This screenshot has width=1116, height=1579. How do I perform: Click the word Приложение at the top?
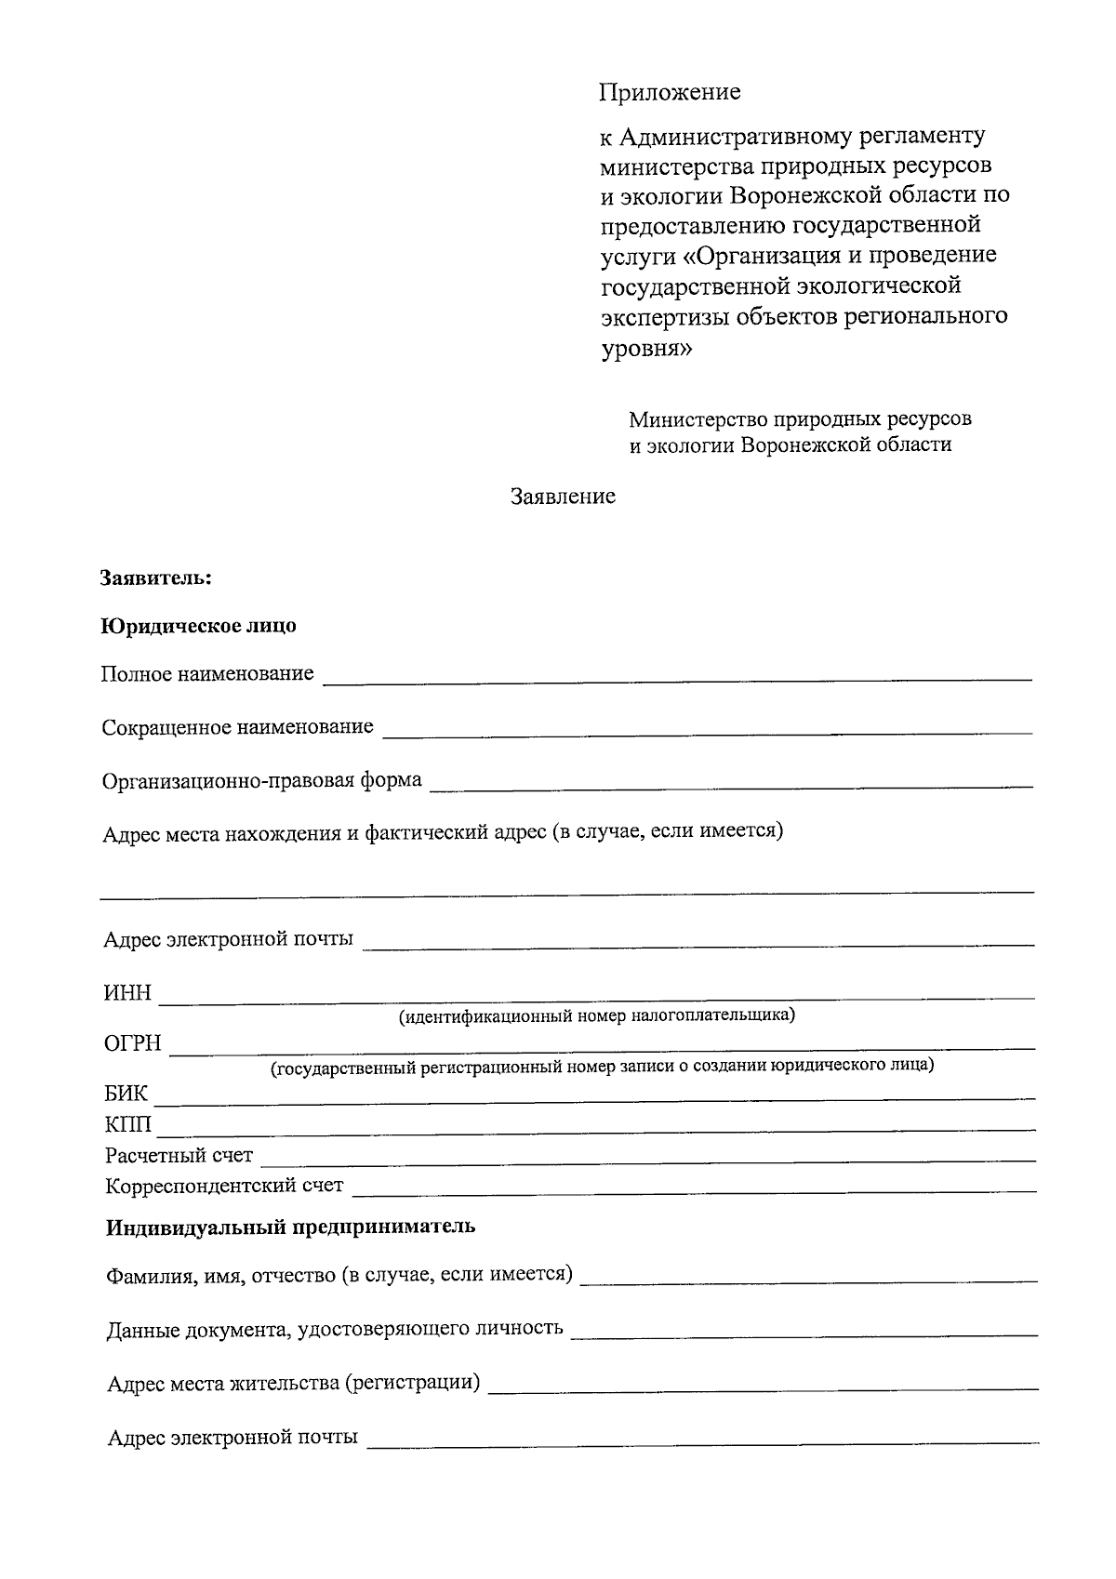(x=670, y=92)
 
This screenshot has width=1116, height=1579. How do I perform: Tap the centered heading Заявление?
(x=563, y=497)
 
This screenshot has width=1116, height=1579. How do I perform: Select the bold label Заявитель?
(x=157, y=578)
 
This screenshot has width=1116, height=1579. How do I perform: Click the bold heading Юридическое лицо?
(x=199, y=626)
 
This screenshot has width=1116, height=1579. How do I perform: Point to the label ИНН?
(x=127, y=993)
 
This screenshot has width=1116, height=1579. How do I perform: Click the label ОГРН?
(x=133, y=1044)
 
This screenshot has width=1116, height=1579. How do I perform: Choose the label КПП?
(x=128, y=1125)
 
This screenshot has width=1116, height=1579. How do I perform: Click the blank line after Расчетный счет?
(x=648, y=1159)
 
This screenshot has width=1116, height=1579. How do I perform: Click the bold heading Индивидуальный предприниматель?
(x=290, y=1227)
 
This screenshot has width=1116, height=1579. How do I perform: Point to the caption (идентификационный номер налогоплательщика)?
(x=597, y=1015)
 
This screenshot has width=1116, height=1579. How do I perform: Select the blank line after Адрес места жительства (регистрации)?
(x=763, y=1387)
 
